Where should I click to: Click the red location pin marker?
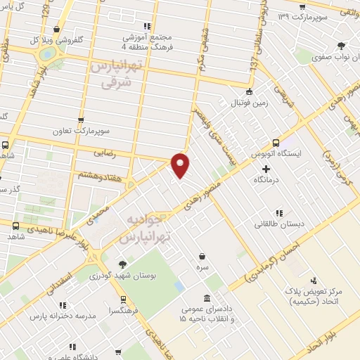coord(181,165)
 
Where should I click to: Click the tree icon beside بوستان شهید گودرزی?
coord(124,264)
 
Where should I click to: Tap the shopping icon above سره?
coord(202,255)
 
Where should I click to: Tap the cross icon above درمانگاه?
coord(266,169)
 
